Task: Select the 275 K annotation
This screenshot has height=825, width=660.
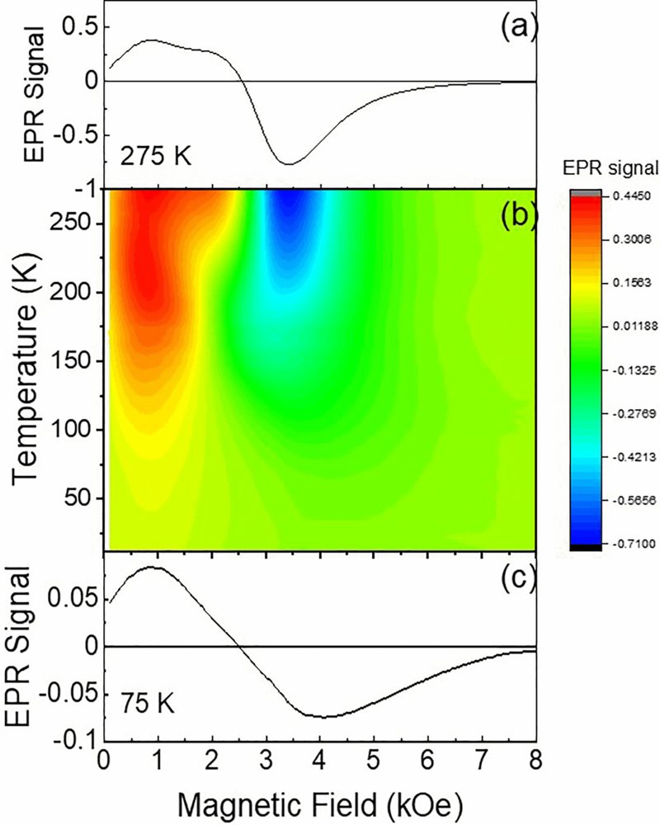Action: pos(156,155)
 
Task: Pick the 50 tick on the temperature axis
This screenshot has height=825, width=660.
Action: pos(86,498)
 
